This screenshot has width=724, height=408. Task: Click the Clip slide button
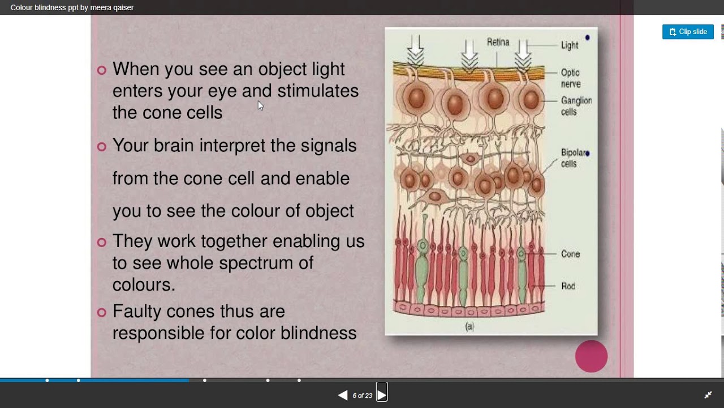[688, 32]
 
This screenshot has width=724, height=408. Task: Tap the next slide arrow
[382, 395]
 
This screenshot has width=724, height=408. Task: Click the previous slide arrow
[343, 395]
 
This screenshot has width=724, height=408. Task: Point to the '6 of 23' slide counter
[362, 396]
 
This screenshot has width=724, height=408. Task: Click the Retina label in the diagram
[498, 42]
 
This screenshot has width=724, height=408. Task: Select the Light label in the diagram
[570, 45]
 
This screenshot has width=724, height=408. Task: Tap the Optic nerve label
[571, 78]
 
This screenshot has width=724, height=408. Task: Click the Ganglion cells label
[576, 106]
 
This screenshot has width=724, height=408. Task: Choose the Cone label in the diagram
[570, 254]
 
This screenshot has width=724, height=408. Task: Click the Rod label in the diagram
[568, 286]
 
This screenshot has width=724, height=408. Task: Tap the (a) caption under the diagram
[469, 326]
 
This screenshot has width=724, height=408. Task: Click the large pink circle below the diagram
[591, 356]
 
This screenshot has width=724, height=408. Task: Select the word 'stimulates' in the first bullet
[318, 91]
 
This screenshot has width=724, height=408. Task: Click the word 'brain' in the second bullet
[174, 146]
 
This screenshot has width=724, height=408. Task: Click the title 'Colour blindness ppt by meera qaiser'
[72, 7]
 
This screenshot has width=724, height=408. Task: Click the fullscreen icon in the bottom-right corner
[708, 395]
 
